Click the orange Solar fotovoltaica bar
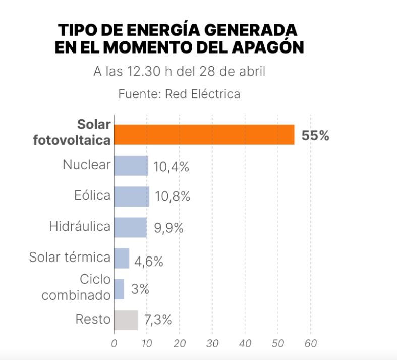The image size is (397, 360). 204,134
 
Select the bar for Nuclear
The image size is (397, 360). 131,165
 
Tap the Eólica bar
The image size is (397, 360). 131,196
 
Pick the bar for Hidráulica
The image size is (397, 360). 130,227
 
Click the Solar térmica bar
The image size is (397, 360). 122,258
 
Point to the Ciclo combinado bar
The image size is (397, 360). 119,289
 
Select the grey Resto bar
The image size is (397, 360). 126,320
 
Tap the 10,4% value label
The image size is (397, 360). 171,167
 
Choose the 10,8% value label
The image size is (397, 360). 172,197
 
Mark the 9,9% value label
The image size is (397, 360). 168,228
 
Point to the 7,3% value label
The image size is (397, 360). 158,320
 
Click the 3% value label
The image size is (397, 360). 140,289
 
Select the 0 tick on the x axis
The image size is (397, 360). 114,344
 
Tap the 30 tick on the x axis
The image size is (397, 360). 212,344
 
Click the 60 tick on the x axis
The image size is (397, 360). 310,344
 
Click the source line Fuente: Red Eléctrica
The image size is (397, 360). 179,94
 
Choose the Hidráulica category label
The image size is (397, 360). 80,227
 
